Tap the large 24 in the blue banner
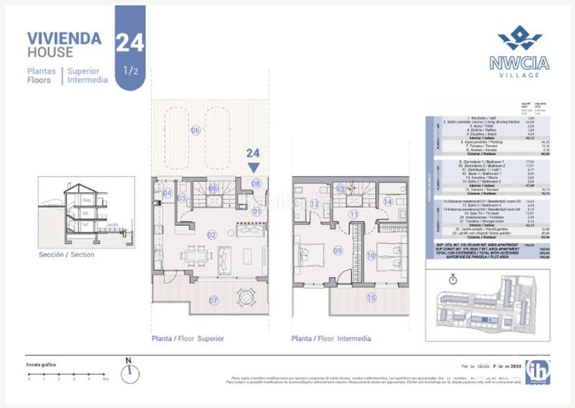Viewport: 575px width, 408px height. coord(129,42)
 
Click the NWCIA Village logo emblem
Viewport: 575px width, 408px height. coord(519,38)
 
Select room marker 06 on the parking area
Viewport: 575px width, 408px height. coord(195,130)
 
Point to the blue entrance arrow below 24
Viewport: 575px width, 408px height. coord(252,167)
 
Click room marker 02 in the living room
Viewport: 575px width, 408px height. coord(212,235)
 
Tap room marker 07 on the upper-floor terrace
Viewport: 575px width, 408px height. coord(213,299)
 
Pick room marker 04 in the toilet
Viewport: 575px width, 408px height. coord(167,193)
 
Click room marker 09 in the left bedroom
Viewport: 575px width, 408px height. coord(337,250)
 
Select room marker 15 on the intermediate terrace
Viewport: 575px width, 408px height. coord(371,297)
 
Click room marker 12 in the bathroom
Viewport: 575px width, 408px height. coord(314,204)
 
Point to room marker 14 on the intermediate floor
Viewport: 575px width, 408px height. coord(388,202)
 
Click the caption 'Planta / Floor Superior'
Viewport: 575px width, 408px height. coord(188,338)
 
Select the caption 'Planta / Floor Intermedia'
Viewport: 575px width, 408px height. coord(331,338)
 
